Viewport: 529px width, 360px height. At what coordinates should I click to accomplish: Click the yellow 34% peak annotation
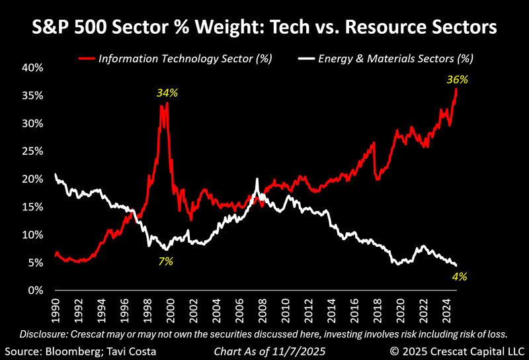click(167, 93)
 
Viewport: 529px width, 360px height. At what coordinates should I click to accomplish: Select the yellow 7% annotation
click(165, 261)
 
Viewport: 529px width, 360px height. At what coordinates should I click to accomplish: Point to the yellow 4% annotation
click(460, 277)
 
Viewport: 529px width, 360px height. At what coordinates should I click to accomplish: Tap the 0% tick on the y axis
click(37, 291)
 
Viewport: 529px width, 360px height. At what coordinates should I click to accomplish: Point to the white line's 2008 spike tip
click(257, 179)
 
